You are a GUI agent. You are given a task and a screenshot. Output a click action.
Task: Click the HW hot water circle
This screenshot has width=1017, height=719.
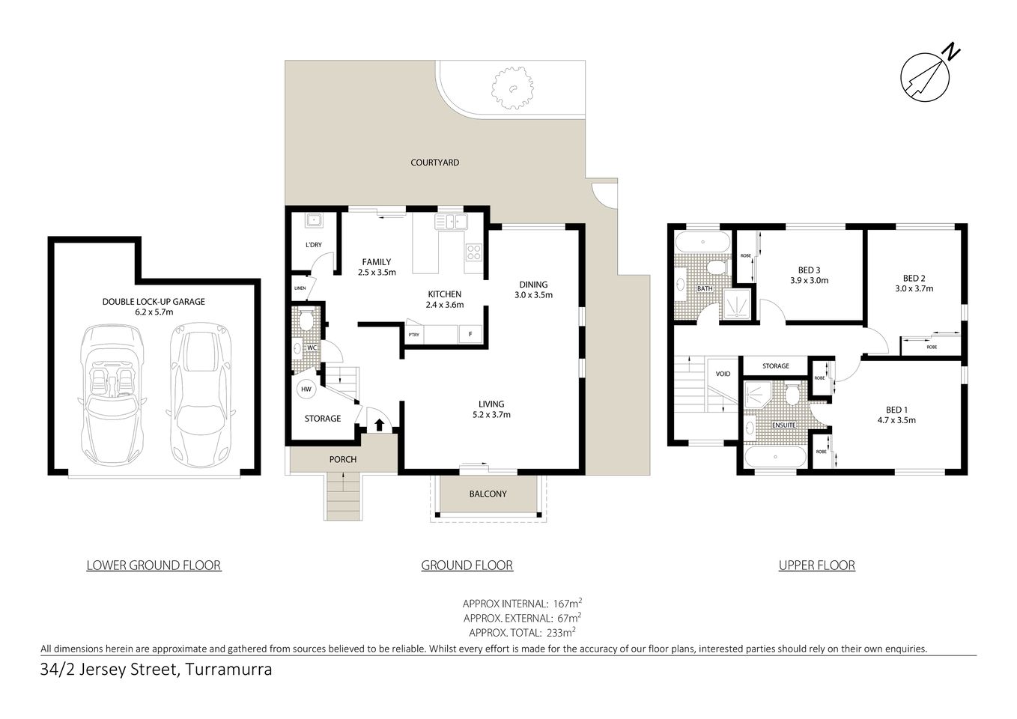coord(306,389)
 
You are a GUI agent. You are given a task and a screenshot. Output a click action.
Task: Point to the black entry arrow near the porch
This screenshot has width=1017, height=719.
coord(379,425)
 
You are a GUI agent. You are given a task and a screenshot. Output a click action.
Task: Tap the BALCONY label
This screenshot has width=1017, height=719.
coord(488,494)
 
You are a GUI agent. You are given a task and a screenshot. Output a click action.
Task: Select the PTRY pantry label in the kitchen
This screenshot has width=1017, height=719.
coord(413,335)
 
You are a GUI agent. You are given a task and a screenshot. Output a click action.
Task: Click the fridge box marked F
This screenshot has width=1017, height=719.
coord(470,335)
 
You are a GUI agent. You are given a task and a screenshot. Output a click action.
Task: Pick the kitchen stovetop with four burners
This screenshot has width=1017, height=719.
coord(474,252)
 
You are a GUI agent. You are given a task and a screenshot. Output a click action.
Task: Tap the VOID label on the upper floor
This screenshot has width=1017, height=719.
coord(723,374)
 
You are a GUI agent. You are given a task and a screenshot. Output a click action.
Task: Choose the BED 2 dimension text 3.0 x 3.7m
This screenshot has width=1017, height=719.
coord(914,288)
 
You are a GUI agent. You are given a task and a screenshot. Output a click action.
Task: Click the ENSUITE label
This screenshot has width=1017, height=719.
coord(783,425)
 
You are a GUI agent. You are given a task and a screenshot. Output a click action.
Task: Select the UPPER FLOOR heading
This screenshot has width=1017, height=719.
coord(816,565)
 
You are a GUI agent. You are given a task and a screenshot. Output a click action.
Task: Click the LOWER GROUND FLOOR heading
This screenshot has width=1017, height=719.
coord(154,565)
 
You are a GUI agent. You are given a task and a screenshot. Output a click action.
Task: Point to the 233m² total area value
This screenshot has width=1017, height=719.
coord(562,631)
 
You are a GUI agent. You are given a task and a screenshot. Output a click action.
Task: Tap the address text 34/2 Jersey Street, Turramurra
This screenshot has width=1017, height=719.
coord(156,670)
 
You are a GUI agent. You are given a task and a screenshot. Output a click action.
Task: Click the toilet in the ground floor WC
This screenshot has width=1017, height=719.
coord(306,321)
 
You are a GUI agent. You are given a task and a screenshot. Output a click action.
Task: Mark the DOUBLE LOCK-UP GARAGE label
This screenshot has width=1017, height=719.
coord(154,302)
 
